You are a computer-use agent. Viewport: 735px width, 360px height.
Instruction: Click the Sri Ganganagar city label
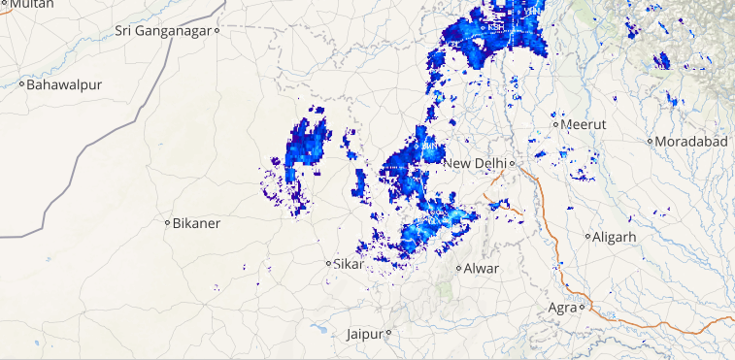(163, 30)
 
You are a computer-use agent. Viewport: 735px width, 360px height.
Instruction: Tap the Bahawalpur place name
(64, 84)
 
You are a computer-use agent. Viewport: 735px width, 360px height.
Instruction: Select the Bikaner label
(197, 223)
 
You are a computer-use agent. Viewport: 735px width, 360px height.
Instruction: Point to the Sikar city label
(349, 263)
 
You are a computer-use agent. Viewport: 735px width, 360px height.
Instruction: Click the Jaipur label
(364, 334)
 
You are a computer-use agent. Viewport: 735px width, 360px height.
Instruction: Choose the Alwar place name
(482, 268)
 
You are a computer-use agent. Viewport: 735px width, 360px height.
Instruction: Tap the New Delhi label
(477, 162)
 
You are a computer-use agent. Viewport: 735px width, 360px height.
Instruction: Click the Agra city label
(562, 308)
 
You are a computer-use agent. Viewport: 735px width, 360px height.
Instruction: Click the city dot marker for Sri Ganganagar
(218, 30)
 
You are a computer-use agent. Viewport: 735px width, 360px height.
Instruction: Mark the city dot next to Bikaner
(167, 223)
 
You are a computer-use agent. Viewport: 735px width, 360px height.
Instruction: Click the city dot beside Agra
(583, 308)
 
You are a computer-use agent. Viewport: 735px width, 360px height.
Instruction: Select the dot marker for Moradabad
(651, 142)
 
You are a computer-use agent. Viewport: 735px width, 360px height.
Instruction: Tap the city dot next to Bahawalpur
(21, 84)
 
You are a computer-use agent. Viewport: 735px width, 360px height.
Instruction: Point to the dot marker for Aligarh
(587, 236)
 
